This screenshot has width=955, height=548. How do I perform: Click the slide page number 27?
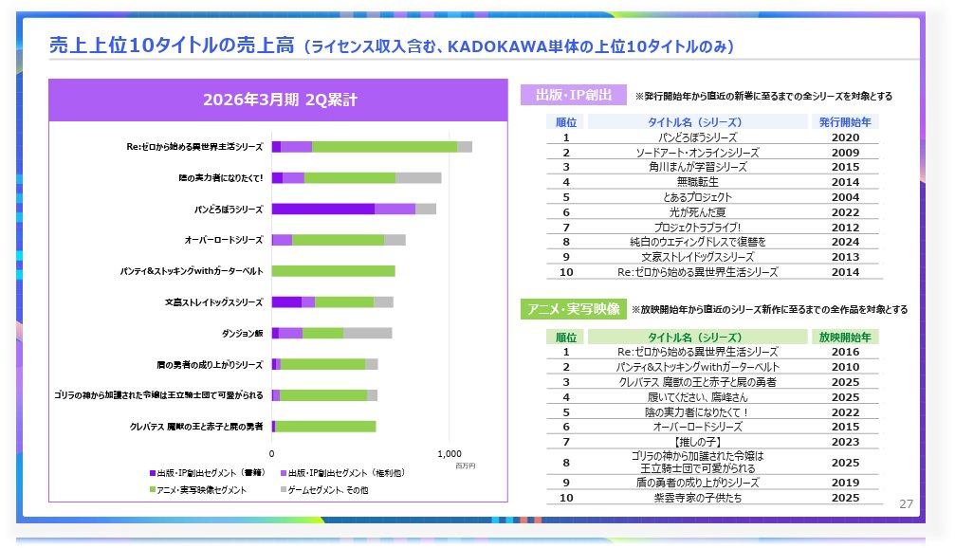click(x=906, y=503)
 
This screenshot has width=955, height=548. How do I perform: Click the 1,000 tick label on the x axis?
click(x=450, y=453)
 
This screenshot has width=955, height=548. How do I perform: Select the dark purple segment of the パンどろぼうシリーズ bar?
click(x=322, y=209)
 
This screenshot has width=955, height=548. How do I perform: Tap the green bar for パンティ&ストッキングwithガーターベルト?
click(x=333, y=271)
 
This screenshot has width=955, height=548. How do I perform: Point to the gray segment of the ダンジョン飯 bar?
click(x=367, y=333)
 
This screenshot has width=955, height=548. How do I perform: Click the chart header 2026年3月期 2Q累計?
click(x=279, y=100)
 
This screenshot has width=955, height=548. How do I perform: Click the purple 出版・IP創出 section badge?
click(x=574, y=96)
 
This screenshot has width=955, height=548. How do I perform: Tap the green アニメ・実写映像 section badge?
click(x=573, y=309)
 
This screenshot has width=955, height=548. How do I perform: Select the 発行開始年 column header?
click(x=844, y=122)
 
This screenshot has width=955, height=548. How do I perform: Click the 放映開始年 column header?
click(x=844, y=337)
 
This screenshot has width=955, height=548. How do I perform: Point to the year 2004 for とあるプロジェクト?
click(x=844, y=197)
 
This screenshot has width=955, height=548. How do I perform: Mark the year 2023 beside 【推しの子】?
click(x=844, y=441)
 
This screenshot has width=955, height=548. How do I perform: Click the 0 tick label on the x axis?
click(x=272, y=453)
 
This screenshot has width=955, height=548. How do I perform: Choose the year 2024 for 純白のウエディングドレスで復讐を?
click(x=844, y=242)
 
